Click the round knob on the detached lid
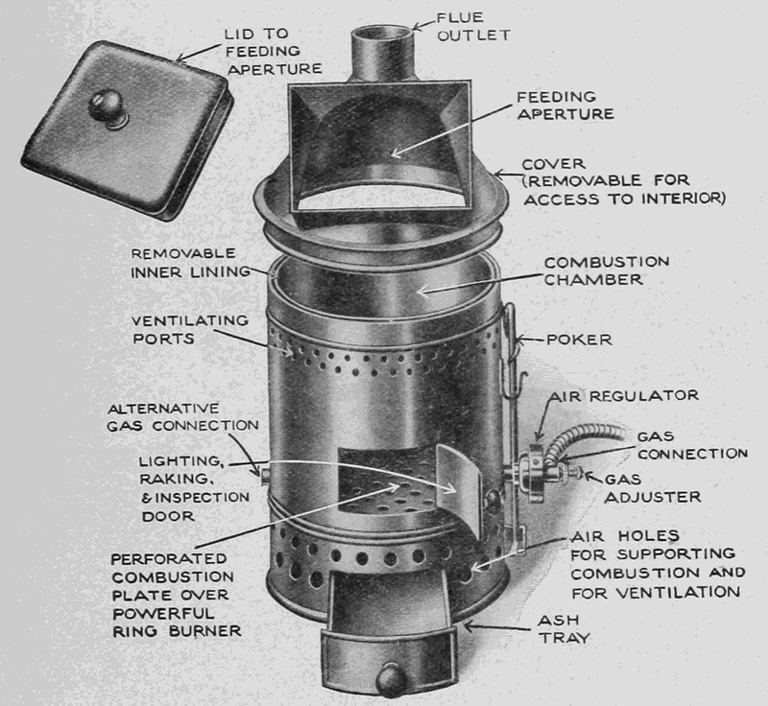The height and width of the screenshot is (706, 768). pos(106,105)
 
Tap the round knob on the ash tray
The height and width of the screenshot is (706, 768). pos(391,679)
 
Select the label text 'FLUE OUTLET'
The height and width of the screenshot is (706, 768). pos(473,27)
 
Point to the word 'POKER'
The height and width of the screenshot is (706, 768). pos(579,340)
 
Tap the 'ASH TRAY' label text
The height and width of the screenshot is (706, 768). pos(564,629)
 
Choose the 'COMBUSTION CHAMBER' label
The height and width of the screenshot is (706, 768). pos(607,271)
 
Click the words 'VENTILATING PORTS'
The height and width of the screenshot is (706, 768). pos(190,330)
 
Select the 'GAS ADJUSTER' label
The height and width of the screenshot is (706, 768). pos(652,488)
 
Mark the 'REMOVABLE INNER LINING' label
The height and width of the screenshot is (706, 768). pos(190,263)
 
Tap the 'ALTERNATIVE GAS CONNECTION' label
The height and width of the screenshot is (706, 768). pos(182,417)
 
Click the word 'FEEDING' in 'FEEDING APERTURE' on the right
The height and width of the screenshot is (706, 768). pos(557,96)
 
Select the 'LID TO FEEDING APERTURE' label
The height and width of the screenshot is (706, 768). pos(274,52)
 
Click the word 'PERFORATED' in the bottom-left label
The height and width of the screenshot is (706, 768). pos(169,558)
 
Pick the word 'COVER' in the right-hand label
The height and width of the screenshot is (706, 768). pos(553,164)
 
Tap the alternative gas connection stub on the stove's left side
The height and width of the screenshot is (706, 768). pos(265,474)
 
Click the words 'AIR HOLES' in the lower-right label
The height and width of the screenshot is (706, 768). pos(625,536)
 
